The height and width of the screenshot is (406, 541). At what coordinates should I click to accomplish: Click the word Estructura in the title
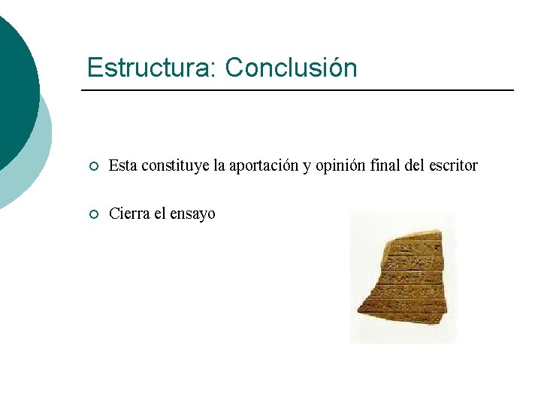(150, 68)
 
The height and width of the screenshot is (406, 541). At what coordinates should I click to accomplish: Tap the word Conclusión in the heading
(291, 68)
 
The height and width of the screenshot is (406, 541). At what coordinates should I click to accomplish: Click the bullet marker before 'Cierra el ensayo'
(92, 215)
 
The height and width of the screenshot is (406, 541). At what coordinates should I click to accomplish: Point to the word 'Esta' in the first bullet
(122, 165)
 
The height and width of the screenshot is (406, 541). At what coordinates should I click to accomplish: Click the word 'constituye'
(174, 165)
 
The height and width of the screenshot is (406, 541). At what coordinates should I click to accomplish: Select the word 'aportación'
(264, 165)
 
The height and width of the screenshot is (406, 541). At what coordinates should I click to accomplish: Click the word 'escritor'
(453, 165)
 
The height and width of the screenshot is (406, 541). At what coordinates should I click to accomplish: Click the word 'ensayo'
(192, 214)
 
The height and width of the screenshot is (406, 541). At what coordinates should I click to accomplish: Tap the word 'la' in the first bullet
(219, 165)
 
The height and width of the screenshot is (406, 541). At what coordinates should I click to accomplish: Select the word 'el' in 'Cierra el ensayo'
(160, 214)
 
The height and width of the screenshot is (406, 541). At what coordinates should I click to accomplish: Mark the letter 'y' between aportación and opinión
(307, 166)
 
